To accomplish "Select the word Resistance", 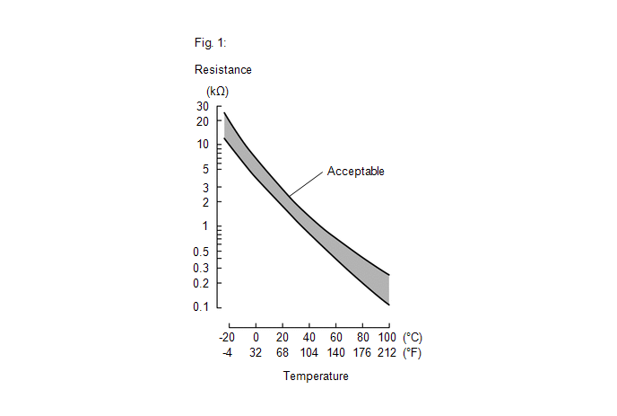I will click(x=223, y=69).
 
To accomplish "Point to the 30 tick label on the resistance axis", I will click(x=202, y=107).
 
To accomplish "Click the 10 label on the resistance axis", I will click(x=202, y=145).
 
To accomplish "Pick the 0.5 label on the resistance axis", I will click(x=201, y=252).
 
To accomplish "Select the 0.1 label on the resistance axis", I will click(x=201, y=307).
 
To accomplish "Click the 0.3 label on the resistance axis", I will click(x=201, y=268).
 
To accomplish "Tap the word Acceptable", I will click(x=355, y=172).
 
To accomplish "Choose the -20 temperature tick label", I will click(x=228, y=338).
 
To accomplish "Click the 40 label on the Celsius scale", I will click(x=309, y=338).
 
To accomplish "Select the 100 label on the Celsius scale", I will click(x=387, y=338).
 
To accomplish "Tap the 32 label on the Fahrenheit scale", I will click(x=256, y=353).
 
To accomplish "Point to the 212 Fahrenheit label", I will click(x=387, y=353).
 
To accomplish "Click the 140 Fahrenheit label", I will click(x=335, y=353).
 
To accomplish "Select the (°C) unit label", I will click(x=413, y=338).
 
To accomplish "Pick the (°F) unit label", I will click(x=413, y=353).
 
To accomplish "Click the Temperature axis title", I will click(x=316, y=376).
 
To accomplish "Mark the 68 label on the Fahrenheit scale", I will click(x=282, y=353).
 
